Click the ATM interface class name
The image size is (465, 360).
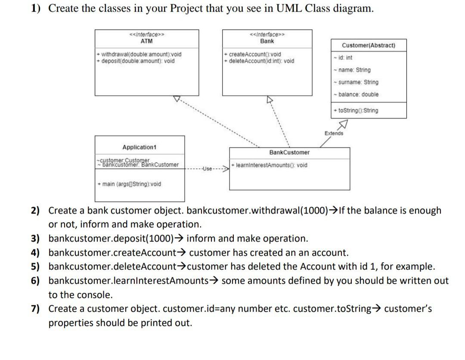(146, 41)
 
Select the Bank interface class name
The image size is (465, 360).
(267, 41)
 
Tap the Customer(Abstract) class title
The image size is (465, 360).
(368, 45)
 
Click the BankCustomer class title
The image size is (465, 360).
(289, 152)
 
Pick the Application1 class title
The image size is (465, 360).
(139, 147)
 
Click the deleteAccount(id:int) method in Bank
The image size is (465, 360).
(260, 61)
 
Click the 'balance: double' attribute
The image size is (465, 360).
(357, 94)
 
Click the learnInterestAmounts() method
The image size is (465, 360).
(270, 165)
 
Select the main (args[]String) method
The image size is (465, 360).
(129, 184)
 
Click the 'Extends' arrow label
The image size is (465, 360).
(334, 133)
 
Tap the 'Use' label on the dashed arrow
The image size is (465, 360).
(207, 169)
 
